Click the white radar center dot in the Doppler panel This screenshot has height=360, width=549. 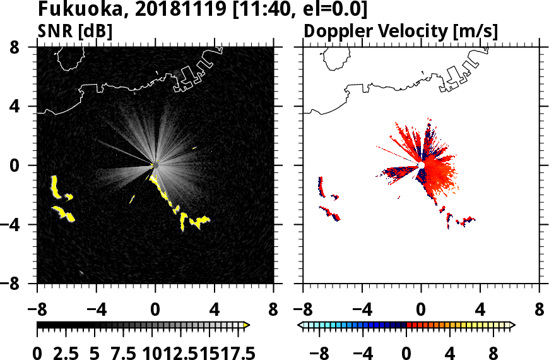(x=421, y=165)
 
